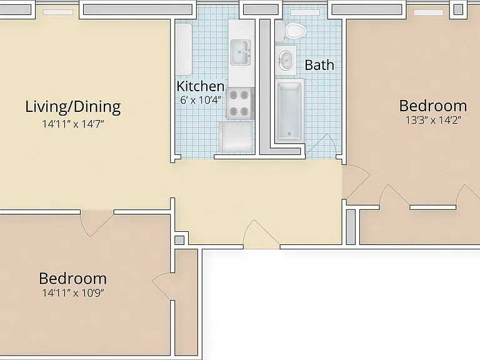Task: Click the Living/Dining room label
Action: tap(73, 107)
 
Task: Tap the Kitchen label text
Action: tap(201, 86)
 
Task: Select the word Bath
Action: tap(319, 65)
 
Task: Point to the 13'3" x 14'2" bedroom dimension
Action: tap(433, 120)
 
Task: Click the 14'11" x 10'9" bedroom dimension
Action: tap(73, 293)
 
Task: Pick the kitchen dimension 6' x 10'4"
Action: tap(201, 100)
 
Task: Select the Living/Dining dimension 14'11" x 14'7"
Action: tap(73, 124)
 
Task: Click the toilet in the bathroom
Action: tap(291, 31)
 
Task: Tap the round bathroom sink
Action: tap(286, 61)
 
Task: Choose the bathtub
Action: tap(289, 111)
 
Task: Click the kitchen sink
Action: tap(241, 52)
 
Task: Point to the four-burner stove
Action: tap(240, 103)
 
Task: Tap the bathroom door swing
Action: tap(321, 146)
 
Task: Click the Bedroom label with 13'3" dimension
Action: tap(433, 106)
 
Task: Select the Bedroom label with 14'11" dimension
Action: tap(73, 279)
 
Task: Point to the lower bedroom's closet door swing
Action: tap(162, 286)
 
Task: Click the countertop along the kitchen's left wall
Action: tap(184, 49)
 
